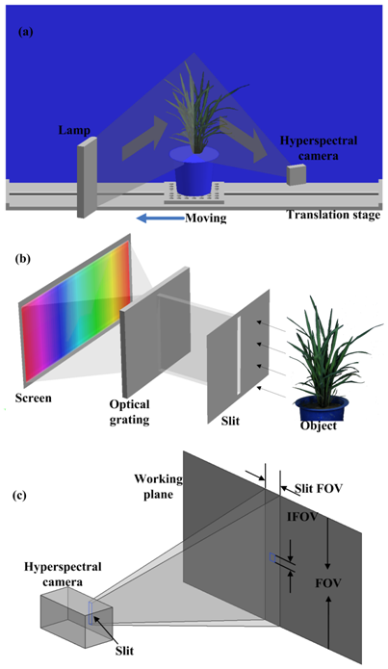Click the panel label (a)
point(25,33)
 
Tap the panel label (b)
point(22,259)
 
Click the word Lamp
point(75,130)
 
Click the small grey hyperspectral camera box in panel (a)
point(297,174)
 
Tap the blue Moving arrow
point(160,219)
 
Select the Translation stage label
point(333,215)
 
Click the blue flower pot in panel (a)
point(194,170)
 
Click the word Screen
point(34,399)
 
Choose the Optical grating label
point(129,412)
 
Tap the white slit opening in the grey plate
point(239,355)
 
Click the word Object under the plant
point(319,425)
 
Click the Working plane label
point(158,486)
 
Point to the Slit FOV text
point(319,489)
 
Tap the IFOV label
point(302,517)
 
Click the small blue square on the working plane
point(272,557)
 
